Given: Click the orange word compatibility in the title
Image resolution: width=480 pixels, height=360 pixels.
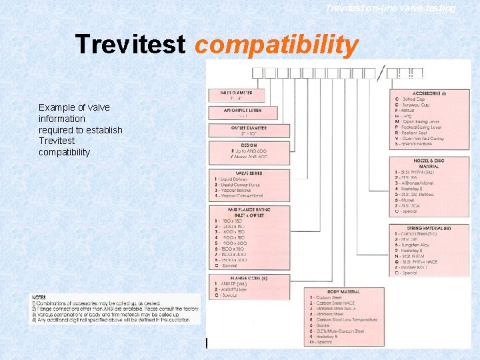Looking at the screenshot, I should click(x=277, y=45).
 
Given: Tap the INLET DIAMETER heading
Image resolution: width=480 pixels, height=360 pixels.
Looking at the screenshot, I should click(x=237, y=93).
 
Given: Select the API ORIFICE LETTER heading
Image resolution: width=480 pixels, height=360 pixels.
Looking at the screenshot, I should click(x=237, y=110).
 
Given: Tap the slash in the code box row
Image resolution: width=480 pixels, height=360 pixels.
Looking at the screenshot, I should click(x=380, y=75).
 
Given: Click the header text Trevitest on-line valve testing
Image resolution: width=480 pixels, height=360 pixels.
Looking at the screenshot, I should click(x=390, y=8).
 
